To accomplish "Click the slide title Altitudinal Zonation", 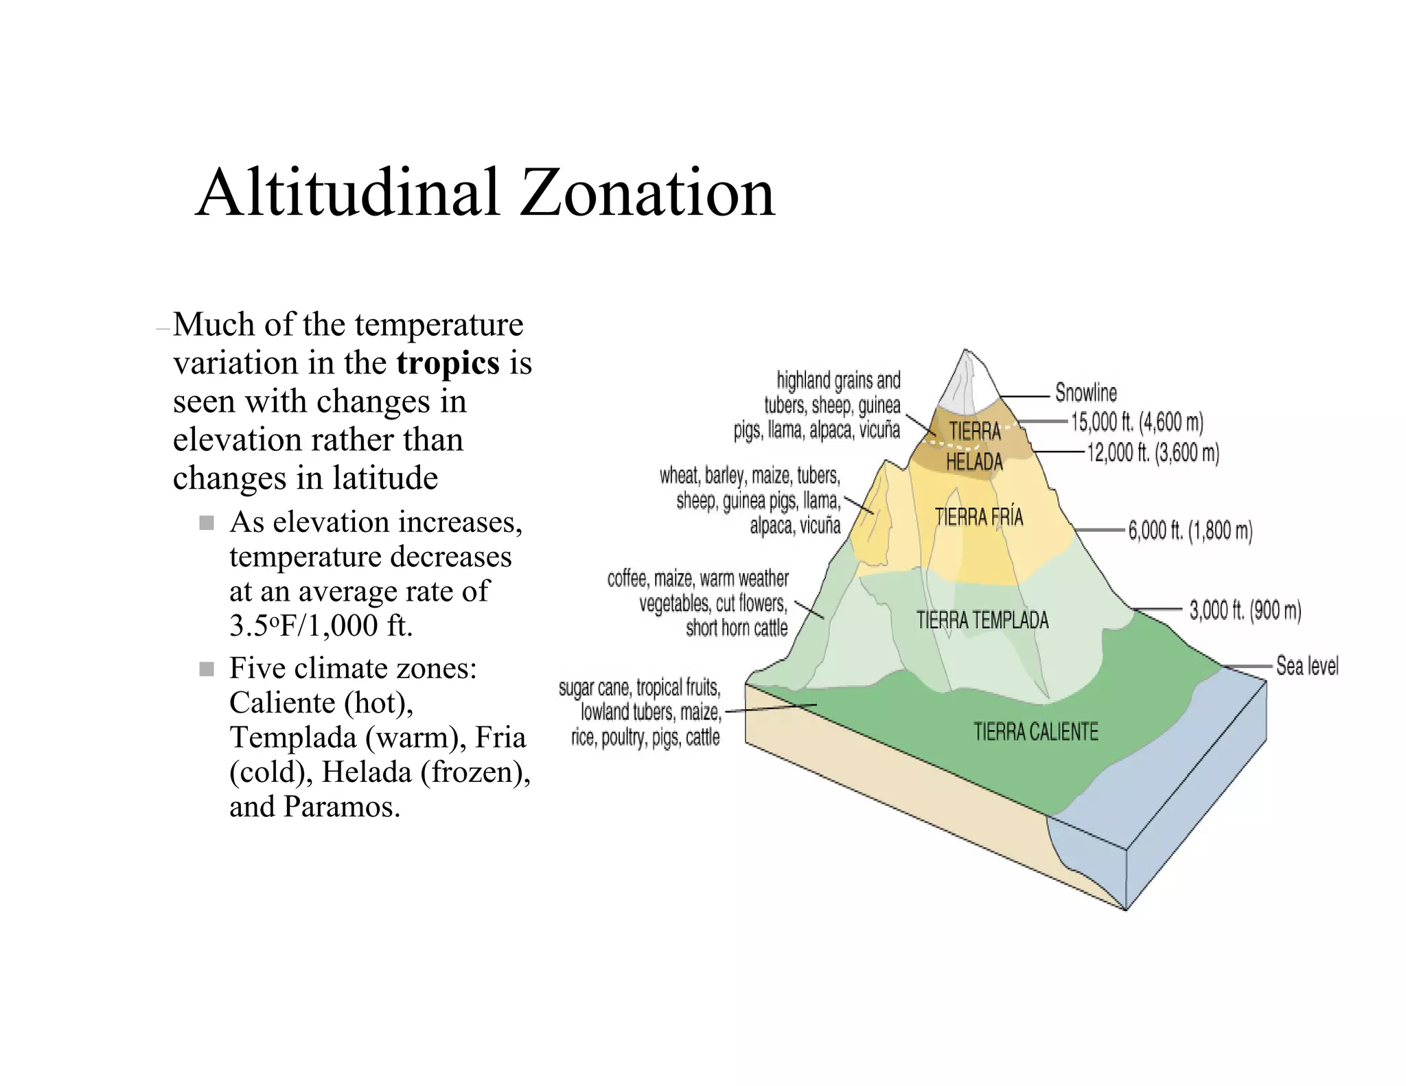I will (x=485, y=194).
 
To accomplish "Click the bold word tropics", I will (x=448, y=363).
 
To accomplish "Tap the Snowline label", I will (x=1085, y=393).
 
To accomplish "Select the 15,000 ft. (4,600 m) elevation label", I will (x=1137, y=421).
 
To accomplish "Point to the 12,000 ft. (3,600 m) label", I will (x=1153, y=452).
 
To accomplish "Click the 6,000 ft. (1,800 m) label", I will (x=1190, y=531).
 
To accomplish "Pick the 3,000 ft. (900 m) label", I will (x=1245, y=610).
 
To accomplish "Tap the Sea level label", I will (x=1307, y=666).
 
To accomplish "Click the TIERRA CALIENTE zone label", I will (x=1035, y=732).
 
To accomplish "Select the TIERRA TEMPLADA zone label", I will (x=982, y=621).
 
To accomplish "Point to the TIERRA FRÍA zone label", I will (x=979, y=517).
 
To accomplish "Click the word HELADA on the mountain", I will (x=974, y=462).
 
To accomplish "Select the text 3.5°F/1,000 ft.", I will (x=321, y=625).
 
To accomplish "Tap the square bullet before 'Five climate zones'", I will (x=207, y=669).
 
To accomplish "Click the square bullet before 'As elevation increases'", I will (x=207, y=523).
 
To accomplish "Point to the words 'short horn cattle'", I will (x=737, y=628).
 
